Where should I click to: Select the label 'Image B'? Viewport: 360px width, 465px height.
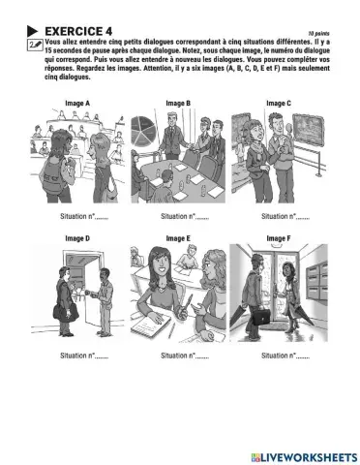pos(176,102)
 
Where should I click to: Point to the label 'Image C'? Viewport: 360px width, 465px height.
pos(277,102)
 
